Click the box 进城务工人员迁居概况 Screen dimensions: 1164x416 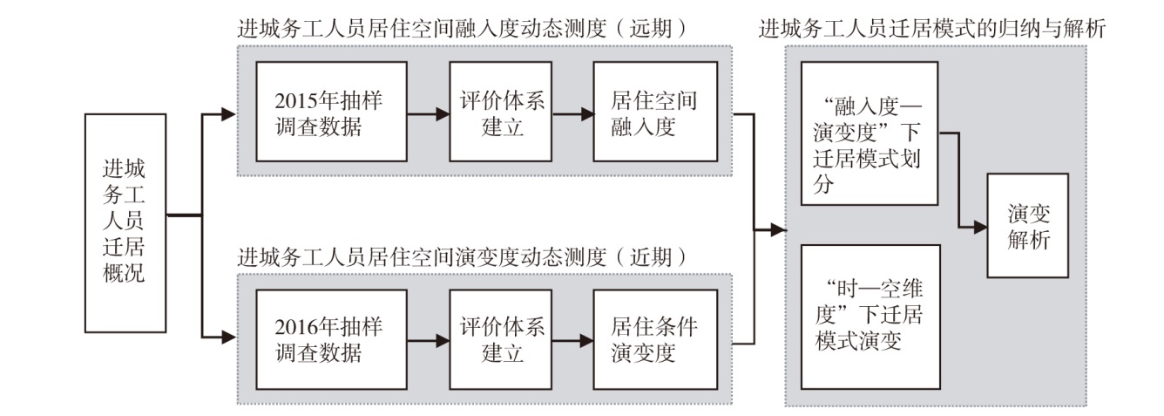pyautogui.click(x=125, y=223)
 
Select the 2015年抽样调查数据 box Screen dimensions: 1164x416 pyautogui.click(x=332, y=112)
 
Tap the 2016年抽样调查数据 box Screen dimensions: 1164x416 pyautogui.click(x=332, y=339)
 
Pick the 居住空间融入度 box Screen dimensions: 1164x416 pyautogui.click(x=655, y=112)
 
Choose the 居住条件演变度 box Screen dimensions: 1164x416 pyautogui.click(x=655, y=339)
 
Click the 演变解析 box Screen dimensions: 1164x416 pyautogui.click(x=1028, y=226)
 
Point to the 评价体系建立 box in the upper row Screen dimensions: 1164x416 pyautogui.click(x=500, y=112)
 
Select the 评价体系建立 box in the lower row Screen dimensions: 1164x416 pyautogui.click(x=500, y=339)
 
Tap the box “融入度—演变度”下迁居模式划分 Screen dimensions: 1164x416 pyautogui.click(x=870, y=133)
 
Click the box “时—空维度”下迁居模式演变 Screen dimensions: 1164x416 pyautogui.click(x=870, y=317)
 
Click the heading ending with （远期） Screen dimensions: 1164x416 pyautogui.click(x=463, y=29)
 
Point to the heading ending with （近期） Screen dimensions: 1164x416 pyautogui.click(x=463, y=257)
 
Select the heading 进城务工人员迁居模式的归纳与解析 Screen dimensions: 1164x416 pyautogui.click(x=932, y=29)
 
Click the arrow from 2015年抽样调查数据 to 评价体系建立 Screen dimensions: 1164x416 pyautogui.click(x=429, y=114)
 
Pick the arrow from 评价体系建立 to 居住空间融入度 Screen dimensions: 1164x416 pyautogui.click(x=572, y=114)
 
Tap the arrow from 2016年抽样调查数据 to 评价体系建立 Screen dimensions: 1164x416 pyautogui.click(x=429, y=341)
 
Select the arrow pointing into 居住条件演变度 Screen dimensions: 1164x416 pyautogui.click(x=572, y=341)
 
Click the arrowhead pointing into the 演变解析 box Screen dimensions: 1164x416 pyautogui.click(x=980, y=228)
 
